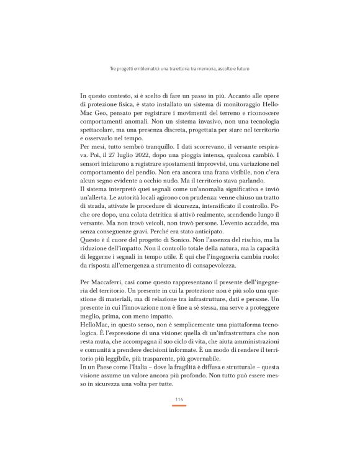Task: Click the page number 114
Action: [179, 398]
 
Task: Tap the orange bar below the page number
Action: [179, 405]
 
